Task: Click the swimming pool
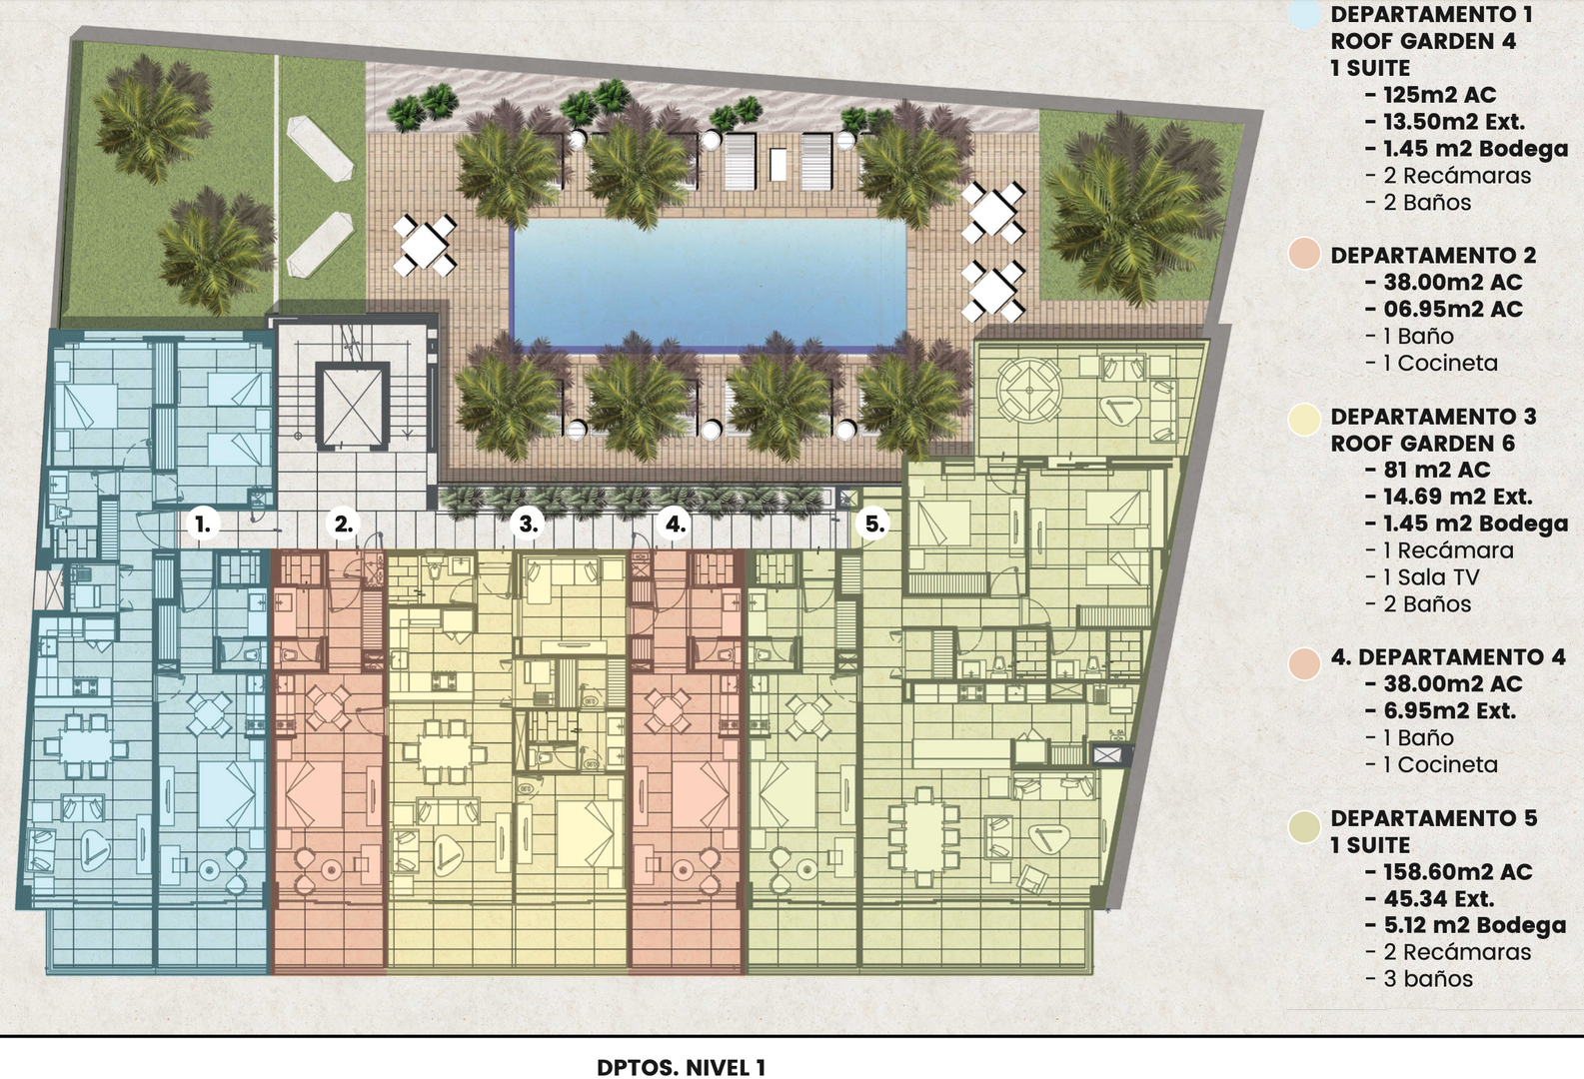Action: click(709, 283)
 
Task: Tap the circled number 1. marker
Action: click(203, 524)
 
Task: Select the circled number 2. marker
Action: click(344, 524)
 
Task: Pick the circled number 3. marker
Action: click(529, 524)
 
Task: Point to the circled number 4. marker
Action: click(675, 524)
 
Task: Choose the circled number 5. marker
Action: click(874, 524)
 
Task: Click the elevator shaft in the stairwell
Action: click(353, 406)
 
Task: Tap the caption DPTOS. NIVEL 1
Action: click(681, 1067)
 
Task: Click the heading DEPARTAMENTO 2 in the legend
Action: click(1433, 255)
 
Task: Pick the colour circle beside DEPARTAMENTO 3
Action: click(1304, 420)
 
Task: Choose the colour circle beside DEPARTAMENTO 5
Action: click(1304, 826)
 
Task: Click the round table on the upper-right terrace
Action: click(1029, 390)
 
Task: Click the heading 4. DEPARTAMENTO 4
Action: click(1448, 656)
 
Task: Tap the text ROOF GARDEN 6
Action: click(1423, 444)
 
